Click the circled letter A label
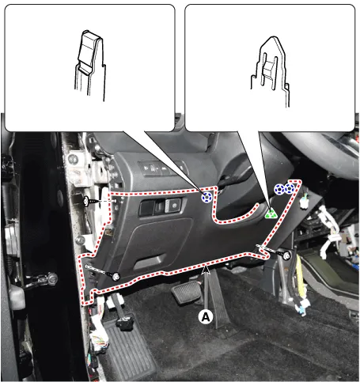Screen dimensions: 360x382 tap(206, 316)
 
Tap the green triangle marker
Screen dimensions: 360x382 tap(271, 213)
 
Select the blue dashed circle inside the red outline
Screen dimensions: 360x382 tap(207, 197)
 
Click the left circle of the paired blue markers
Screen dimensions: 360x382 tap(279, 189)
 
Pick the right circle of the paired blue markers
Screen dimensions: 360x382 tap(290, 189)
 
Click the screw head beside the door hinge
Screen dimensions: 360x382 tap(86, 201)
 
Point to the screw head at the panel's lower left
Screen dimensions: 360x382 tap(116, 277)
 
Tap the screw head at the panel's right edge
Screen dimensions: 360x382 tap(286, 255)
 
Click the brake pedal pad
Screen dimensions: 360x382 tap(187, 292)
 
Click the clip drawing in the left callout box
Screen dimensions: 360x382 tap(90, 66)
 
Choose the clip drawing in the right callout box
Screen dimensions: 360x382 tap(271, 70)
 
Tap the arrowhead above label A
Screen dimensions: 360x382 tap(206, 270)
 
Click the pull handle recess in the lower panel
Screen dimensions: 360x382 tap(150, 262)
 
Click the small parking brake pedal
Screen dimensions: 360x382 tap(125, 323)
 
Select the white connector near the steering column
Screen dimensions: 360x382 tap(305, 203)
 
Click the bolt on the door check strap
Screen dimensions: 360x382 tap(52, 278)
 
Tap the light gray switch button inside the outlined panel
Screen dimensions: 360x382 tap(173, 206)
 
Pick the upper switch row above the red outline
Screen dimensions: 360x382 tap(161, 168)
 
